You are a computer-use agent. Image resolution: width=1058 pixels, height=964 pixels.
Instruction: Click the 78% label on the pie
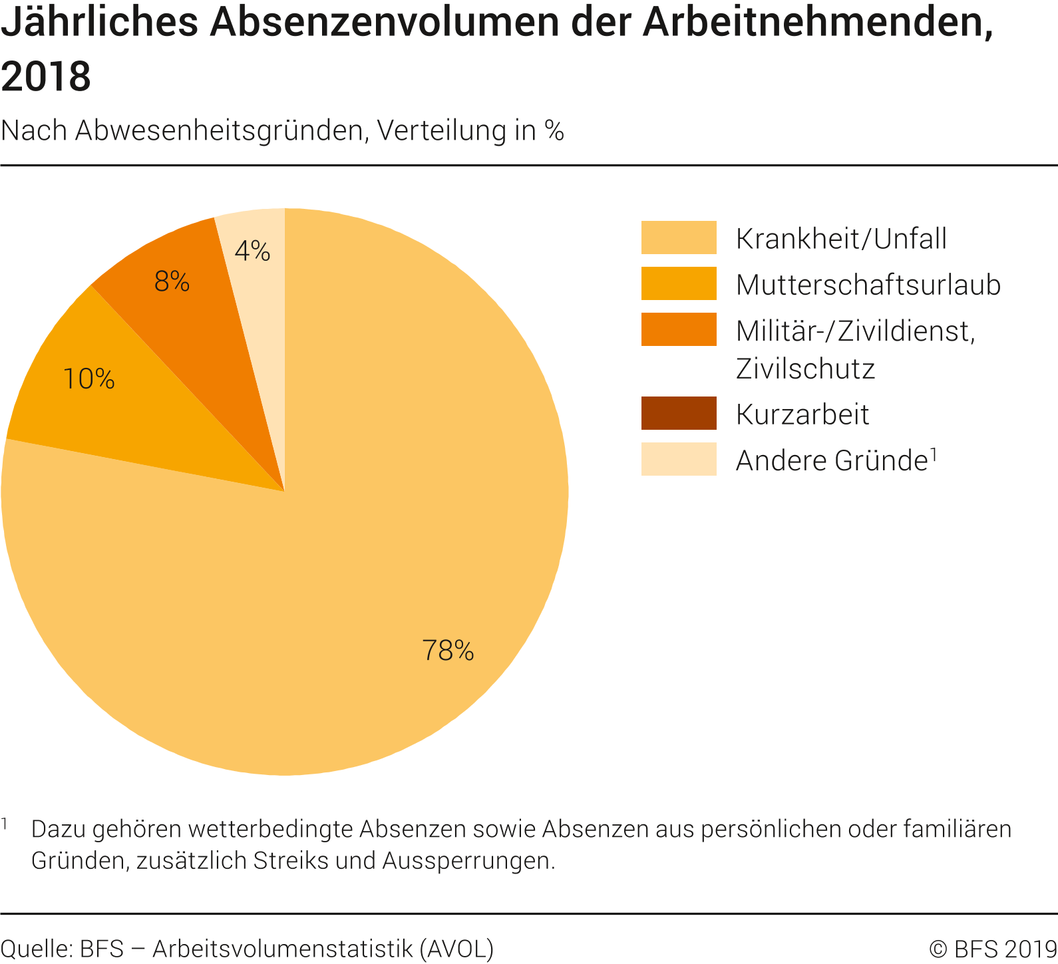click(448, 650)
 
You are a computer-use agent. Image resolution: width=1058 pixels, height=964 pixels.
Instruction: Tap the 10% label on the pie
click(88, 379)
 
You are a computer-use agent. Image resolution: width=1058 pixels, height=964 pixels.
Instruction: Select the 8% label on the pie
click(172, 281)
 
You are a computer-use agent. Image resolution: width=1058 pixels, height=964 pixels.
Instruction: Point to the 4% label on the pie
click(252, 251)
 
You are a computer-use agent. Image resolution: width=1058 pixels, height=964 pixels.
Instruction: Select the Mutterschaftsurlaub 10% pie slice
click(100, 412)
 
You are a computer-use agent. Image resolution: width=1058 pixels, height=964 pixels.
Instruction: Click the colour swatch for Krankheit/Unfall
click(679, 238)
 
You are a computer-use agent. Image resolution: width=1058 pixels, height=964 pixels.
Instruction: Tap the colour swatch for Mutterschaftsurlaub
click(679, 283)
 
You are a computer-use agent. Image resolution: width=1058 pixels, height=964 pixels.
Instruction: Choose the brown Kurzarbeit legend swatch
click(679, 413)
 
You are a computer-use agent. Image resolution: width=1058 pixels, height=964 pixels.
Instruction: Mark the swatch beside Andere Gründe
click(679, 459)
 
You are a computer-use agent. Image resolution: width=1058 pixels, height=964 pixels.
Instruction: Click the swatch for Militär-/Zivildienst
click(679, 329)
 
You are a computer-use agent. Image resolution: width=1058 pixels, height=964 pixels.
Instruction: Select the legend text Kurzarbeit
click(802, 414)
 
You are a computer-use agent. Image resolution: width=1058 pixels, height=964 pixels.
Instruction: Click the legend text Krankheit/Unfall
click(841, 239)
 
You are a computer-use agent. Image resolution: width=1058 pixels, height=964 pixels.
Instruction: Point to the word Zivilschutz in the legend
click(805, 369)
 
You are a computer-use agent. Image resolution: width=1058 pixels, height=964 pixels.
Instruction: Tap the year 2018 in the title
click(46, 76)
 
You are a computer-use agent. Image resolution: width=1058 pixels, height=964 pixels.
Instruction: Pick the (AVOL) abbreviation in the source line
click(456, 949)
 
